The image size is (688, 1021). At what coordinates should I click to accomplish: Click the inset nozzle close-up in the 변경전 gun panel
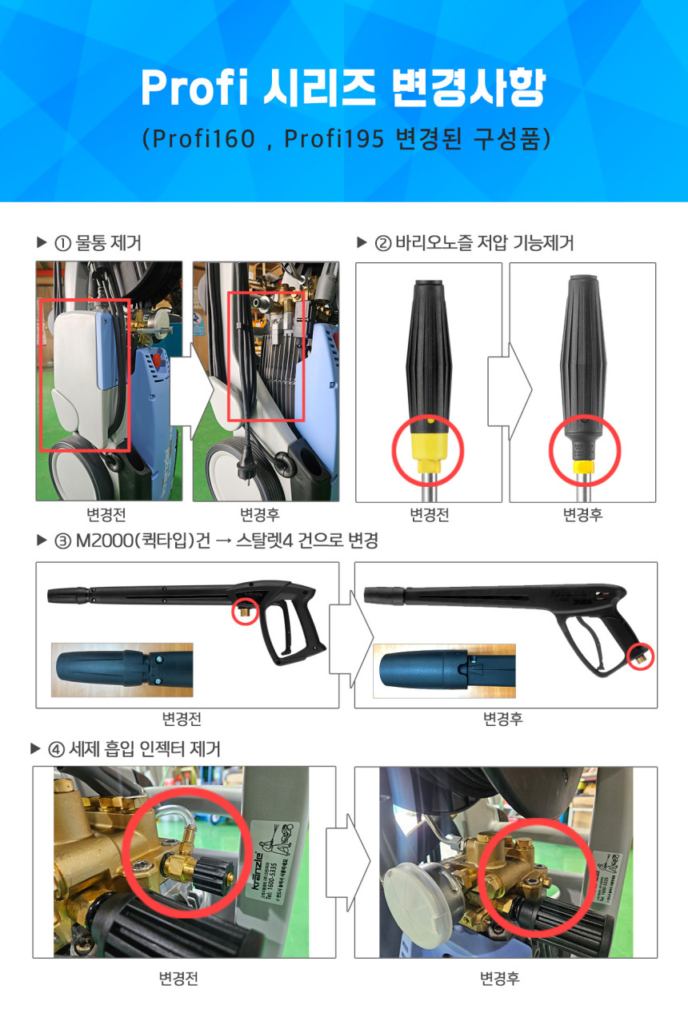coord(122,669)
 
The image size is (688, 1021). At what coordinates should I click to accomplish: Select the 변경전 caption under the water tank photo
coord(106,515)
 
